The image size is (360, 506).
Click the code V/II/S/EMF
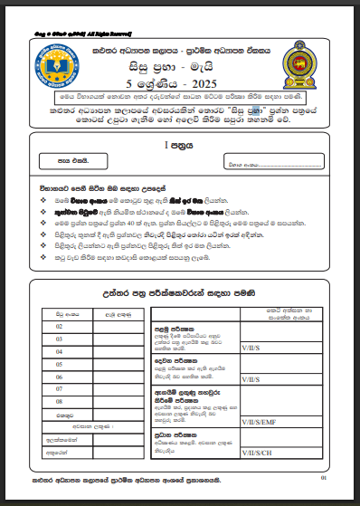coord(261,421)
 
